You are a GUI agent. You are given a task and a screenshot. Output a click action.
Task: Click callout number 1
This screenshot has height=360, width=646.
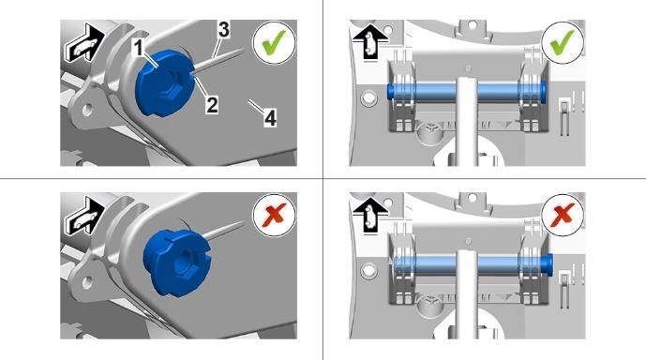(139, 48)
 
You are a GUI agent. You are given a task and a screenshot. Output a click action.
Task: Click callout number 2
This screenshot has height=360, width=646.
(212, 105)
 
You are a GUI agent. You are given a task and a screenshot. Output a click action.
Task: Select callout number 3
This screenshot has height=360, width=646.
(224, 30)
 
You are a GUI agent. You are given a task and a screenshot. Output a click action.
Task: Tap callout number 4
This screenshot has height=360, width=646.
(270, 118)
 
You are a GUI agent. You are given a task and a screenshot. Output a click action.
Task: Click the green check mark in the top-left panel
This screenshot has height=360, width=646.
(274, 42)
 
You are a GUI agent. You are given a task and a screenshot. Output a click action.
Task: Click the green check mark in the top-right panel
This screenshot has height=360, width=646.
(563, 42)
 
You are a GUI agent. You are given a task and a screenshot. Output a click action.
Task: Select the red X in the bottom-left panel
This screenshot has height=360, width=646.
(274, 215)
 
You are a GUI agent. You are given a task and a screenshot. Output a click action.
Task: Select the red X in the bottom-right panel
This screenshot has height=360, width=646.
(563, 215)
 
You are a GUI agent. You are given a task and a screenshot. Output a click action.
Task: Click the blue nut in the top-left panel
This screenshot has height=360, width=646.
(165, 82)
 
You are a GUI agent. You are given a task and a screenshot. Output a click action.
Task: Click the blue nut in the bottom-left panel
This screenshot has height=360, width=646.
(177, 262)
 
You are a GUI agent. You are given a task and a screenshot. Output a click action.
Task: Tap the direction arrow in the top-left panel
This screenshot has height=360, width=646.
(84, 43)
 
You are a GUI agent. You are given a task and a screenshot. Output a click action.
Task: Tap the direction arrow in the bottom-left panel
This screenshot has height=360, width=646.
(84, 216)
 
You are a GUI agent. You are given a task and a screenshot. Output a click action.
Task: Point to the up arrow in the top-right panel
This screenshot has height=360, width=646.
(370, 41)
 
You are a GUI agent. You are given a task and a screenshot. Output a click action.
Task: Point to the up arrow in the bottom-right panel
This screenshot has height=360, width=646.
(370, 214)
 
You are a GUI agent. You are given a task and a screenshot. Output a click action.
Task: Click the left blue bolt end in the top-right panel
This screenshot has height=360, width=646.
(391, 92)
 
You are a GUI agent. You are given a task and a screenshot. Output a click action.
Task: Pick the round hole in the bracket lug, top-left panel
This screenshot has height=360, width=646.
(87, 110)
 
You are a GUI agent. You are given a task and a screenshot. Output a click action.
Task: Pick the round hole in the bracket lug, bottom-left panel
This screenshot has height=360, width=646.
(87, 282)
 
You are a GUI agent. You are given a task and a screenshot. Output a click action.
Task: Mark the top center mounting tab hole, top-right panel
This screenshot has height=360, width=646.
(473, 25)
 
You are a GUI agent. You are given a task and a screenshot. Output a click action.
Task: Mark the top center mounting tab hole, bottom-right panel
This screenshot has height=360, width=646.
(473, 198)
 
